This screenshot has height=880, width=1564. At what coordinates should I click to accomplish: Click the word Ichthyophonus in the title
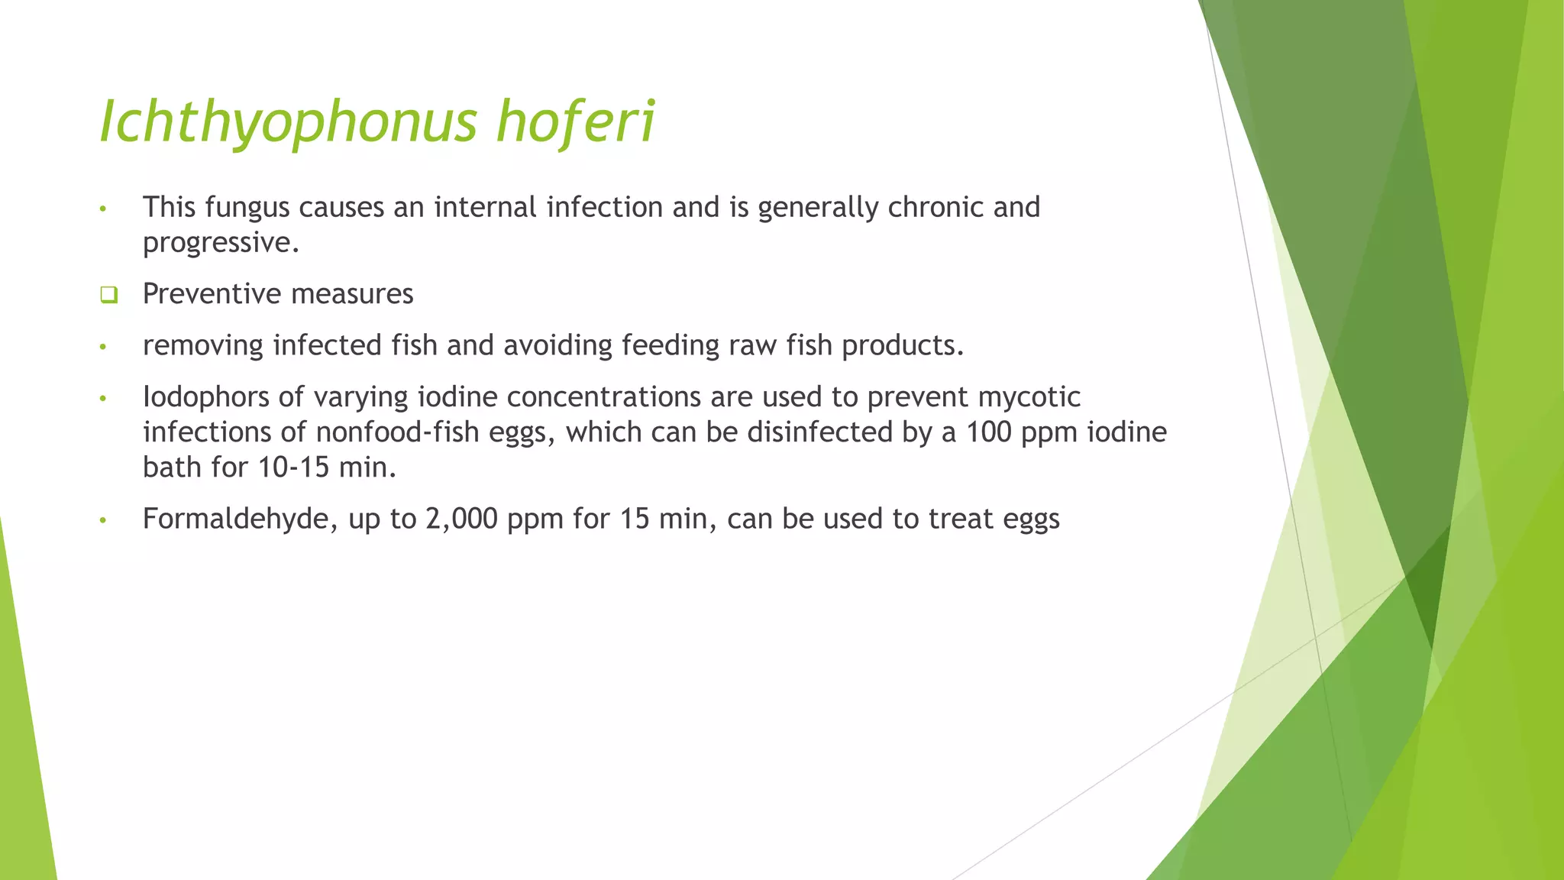tap(289, 122)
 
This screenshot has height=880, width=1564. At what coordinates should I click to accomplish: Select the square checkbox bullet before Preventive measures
tap(108, 295)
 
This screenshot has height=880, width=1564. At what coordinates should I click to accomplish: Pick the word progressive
tap(221, 243)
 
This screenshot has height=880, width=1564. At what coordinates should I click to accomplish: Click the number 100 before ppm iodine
tap(988, 432)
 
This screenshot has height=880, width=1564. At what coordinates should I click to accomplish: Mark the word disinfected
tap(819, 432)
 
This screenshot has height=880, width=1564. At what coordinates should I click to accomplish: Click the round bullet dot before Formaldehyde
tap(102, 521)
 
